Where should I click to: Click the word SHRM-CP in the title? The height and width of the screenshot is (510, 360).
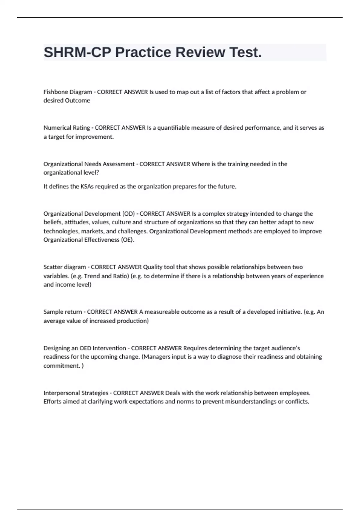pyautogui.click(x=77, y=52)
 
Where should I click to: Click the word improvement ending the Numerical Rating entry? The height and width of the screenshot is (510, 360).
pyautogui.click(x=94, y=137)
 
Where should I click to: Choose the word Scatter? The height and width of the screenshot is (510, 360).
pyautogui.click(x=52, y=267)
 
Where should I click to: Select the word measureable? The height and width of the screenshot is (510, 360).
pyautogui.click(x=163, y=312)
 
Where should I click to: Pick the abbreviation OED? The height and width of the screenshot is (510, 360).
pyautogui.click(x=85, y=348)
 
